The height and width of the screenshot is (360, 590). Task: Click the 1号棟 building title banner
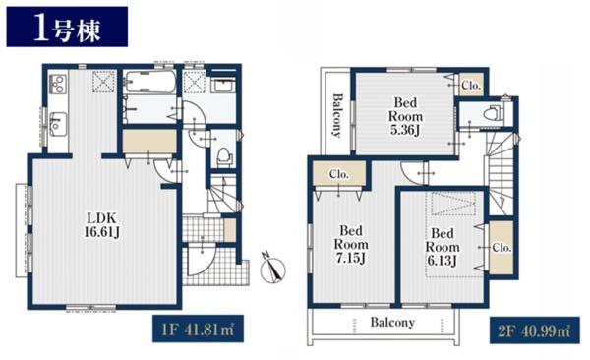67,27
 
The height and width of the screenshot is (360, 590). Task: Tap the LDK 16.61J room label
102,225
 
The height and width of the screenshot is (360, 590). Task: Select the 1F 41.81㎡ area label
198,329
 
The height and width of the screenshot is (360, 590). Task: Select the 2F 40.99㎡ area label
534,330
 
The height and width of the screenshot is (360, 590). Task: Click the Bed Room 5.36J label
405,116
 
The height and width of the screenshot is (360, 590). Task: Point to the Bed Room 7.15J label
351,244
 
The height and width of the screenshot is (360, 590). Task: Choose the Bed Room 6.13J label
442,247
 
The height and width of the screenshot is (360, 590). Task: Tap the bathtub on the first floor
150,81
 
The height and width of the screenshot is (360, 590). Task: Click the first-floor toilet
224,156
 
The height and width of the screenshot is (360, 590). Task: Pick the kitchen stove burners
58,84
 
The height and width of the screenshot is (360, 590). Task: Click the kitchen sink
58,124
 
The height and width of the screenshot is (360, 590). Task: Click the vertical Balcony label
337,115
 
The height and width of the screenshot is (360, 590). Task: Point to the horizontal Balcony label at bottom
392,323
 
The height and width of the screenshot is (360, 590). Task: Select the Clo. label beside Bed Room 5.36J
471,86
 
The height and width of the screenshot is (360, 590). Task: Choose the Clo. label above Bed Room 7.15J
339,174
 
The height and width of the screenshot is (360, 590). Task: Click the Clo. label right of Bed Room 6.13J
501,248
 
